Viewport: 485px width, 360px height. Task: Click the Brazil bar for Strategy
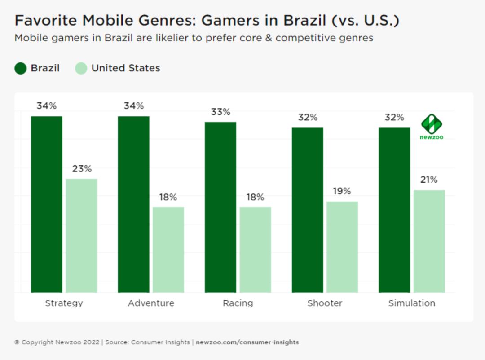(x=47, y=204)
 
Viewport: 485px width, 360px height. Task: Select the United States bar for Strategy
(x=81, y=236)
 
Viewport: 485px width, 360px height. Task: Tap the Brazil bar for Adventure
(x=133, y=204)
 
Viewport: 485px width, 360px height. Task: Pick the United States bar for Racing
(x=255, y=250)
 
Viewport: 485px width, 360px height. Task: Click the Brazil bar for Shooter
(x=307, y=210)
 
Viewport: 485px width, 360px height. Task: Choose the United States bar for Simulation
(x=429, y=241)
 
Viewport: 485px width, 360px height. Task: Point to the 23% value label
(x=82, y=169)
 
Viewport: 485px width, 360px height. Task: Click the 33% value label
(x=220, y=112)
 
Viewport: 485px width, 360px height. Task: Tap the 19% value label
(x=342, y=191)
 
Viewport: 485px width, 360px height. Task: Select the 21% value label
(x=429, y=180)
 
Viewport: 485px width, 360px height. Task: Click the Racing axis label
(x=238, y=303)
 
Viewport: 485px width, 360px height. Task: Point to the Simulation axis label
(x=411, y=303)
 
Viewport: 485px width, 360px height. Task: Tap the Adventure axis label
(x=151, y=303)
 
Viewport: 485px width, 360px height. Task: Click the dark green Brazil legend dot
(x=21, y=68)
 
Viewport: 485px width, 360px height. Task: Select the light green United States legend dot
(x=81, y=68)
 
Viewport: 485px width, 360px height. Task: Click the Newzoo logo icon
(x=432, y=124)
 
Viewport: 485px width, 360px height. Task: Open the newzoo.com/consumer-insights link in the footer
(x=247, y=342)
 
